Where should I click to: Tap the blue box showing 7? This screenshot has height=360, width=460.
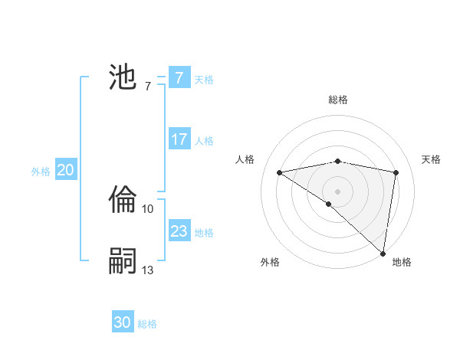click(x=179, y=78)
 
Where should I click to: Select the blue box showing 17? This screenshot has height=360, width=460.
click(x=179, y=139)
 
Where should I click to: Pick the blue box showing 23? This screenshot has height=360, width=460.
click(x=179, y=231)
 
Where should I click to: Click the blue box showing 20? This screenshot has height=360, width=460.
click(x=65, y=170)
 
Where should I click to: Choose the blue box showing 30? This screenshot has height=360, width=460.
click(x=123, y=322)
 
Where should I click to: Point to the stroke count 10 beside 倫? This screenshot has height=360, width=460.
click(x=148, y=208)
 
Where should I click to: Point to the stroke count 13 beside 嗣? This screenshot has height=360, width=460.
click(x=148, y=270)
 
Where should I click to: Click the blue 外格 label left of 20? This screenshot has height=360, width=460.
click(x=41, y=172)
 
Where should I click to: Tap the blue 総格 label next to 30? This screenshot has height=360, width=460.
click(x=147, y=324)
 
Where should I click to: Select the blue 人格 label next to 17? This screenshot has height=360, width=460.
click(x=204, y=141)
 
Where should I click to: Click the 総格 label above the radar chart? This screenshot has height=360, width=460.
click(x=337, y=100)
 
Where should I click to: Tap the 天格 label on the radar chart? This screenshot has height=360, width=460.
click(x=431, y=159)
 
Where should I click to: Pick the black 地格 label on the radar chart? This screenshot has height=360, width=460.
click(x=402, y=262)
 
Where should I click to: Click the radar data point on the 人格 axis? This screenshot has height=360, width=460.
click(x=280, y=172)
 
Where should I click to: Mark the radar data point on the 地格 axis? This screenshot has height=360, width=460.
click(x=384, y=253)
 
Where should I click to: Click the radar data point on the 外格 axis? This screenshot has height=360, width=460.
click(x=329, y=204)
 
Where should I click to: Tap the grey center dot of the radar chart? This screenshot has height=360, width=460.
click(x=337, y=191)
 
